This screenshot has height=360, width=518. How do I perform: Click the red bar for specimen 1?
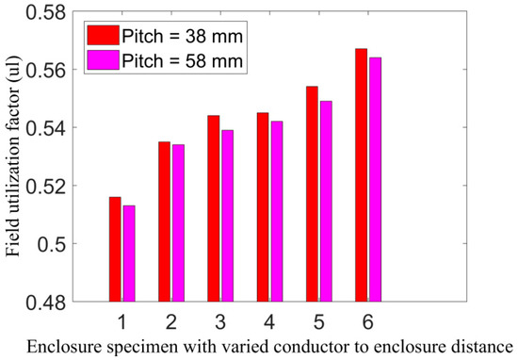115,249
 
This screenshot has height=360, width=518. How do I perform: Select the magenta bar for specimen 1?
129,254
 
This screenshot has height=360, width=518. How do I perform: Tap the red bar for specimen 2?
164,221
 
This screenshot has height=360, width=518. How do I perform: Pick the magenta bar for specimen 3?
228,216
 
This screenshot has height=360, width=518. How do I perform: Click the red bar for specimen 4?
263,207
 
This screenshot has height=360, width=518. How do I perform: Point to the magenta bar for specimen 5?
326,202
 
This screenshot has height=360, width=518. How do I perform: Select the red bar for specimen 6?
361,175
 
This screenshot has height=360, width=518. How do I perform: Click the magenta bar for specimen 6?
375,179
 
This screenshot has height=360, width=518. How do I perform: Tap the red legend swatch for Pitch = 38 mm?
103,35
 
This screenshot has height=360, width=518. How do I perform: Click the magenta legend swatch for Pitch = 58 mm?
103,59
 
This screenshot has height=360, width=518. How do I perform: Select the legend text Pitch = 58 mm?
183,61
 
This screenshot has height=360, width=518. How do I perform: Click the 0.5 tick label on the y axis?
52,244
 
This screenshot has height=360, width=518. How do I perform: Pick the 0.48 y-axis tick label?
46,303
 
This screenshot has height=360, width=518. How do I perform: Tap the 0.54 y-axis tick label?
46,128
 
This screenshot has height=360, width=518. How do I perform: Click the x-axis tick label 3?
220,321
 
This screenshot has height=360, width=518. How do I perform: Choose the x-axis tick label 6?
368,321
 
